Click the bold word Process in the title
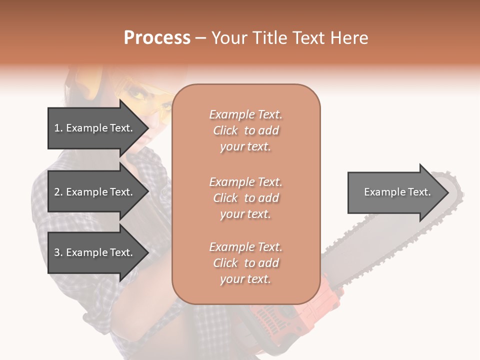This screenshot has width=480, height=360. point(157,38)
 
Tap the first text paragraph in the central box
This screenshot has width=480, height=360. point(245,130)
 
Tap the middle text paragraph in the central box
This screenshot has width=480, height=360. point(245,198)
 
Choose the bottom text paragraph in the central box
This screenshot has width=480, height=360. point(245,263)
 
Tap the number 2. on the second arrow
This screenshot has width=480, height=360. point(58,192)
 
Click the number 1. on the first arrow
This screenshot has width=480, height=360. point(58,128)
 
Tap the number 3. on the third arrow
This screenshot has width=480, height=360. point(58,252)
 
